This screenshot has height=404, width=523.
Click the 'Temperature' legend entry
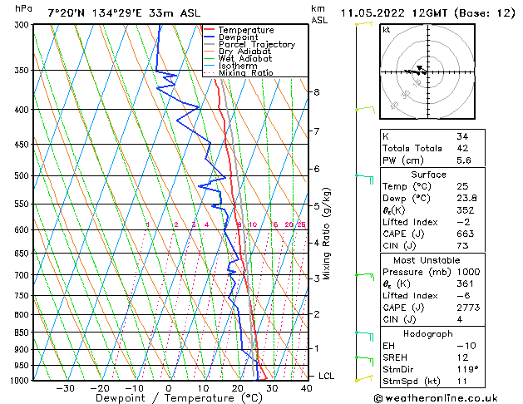click(x=245, y=30)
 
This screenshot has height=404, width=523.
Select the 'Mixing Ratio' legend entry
click(x=245, y=73)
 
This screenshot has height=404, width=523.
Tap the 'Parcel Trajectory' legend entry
click(x=256, y=44)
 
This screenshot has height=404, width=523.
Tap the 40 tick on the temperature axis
click(x=306, y=388)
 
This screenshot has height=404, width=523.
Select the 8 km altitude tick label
click(x=317, y=91)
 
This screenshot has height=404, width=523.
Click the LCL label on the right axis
click(x=326, y=377)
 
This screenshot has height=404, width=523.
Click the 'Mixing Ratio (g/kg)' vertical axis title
click(x=328, y=233)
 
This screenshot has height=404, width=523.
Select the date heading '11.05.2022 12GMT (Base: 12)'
click(x=429, y=12)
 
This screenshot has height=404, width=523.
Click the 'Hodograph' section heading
click(x=428, y=334)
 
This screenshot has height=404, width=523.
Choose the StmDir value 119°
click(x=466, y=370)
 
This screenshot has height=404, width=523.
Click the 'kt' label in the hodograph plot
click(x=386, y=30)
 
